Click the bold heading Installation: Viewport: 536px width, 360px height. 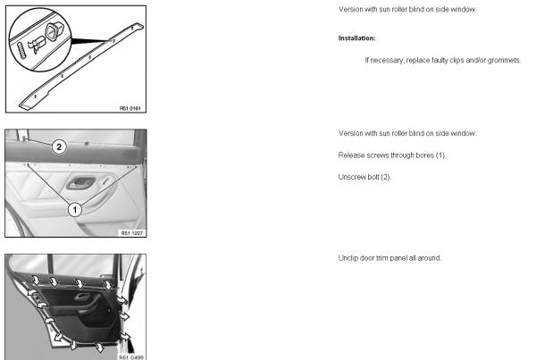356,38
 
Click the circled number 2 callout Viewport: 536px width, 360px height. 59,147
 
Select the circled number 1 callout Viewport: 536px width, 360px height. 75,210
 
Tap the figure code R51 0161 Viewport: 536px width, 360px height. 130,108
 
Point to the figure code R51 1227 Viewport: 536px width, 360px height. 132,233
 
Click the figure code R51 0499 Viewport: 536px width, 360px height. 131,357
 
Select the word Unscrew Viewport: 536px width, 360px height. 349,177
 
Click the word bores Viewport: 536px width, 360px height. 424,155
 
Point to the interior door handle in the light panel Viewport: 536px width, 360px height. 81,183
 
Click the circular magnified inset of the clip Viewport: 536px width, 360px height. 40,40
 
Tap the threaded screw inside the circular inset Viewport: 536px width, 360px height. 21,51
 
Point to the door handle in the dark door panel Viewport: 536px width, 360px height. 82,297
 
